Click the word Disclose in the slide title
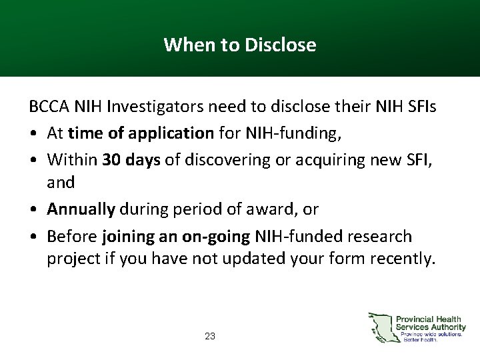(x=281, y=45)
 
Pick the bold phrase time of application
(x=141, y=133)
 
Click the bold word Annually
(x=81, y=210)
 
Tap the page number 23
(x=210, y=337)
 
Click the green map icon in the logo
(x=382, y=327)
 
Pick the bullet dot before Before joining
(x=33, y=237)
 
